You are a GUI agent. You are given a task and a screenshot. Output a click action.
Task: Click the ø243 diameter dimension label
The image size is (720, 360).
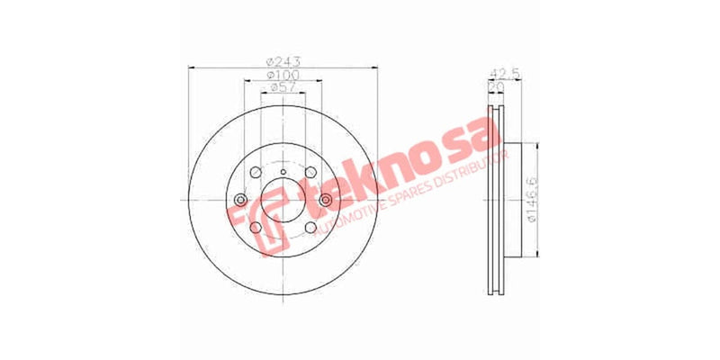[x=283, y=61]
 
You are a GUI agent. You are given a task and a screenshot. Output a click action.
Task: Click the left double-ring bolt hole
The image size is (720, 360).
[x=240, y=201]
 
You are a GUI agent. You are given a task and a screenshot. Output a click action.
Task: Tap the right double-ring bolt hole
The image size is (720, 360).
[x=324, y=200]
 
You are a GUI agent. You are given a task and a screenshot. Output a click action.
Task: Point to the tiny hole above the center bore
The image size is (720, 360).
[x=283, y=172]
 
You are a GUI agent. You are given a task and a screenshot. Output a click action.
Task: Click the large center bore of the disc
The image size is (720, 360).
[x=283, y=201]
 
